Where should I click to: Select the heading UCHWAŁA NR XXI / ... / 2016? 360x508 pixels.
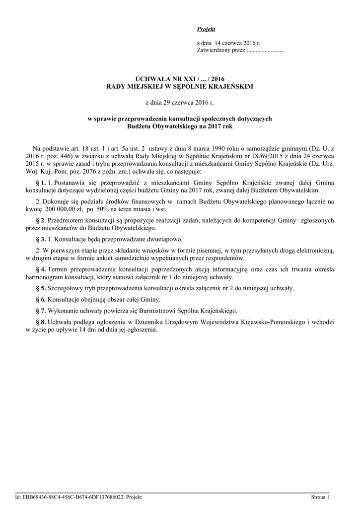[180, 79]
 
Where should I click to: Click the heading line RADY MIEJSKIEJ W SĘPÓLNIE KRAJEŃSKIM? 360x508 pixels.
[180, 86]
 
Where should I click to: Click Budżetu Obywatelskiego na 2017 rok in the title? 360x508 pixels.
[180, 127]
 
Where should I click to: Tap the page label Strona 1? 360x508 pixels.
[320, 497]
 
